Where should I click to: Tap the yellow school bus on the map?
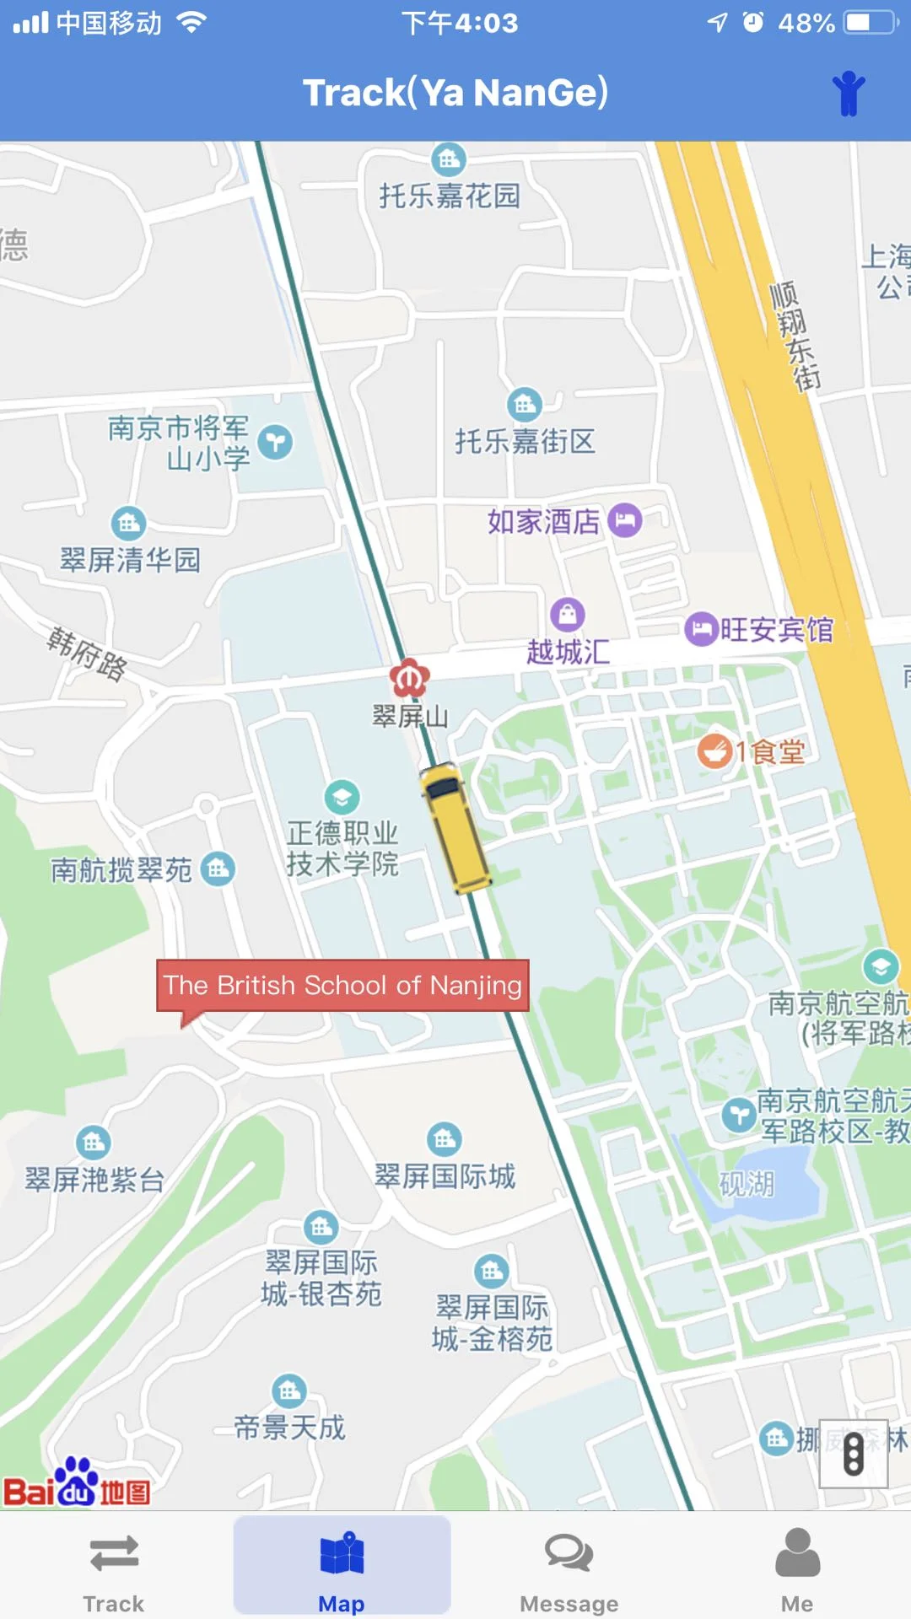tap(455, 826)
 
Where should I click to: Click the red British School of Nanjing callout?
tap(342, 985)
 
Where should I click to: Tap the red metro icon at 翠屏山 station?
tap(410, 677)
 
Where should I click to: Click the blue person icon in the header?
tap(849, 93)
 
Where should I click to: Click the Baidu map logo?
tap(77, 1484)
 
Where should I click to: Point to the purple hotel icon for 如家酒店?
tap(625, 520)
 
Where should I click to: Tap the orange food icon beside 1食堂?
tap(714, 750)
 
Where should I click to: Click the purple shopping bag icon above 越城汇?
tap(568, 615)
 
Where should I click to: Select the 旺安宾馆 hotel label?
tap(775, 630)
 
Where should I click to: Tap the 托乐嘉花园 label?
tap(449, 196)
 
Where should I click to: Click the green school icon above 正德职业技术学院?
tap(342, 796)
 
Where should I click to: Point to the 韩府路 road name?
tap(87, 654)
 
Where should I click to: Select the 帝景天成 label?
tap(289, 1428)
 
